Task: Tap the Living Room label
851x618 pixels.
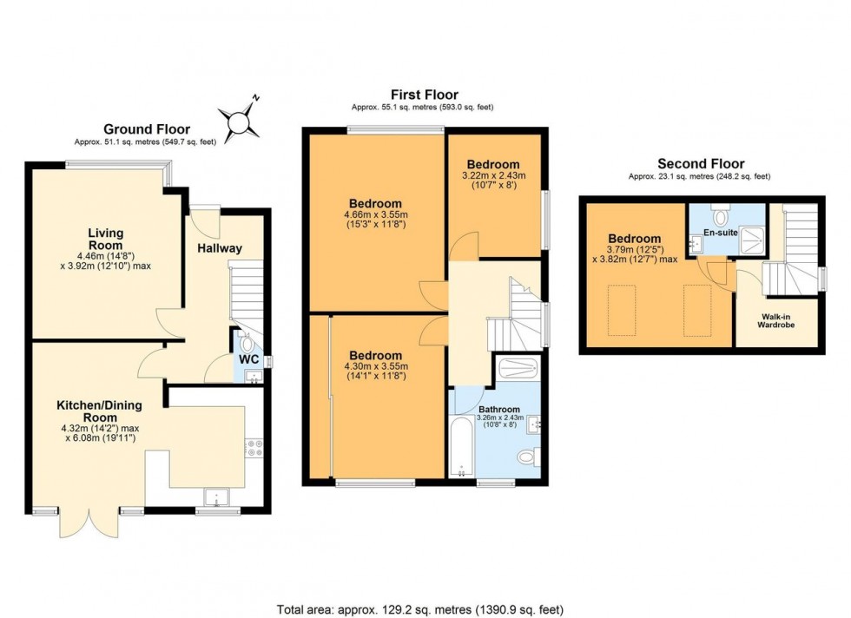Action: point(105,239)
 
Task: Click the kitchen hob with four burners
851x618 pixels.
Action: point(256,447)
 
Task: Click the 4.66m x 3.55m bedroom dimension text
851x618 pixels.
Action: point(376,220)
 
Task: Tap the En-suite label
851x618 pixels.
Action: point(720,233)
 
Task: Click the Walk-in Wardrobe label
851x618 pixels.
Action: point(776,320)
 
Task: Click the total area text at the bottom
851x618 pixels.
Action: point(425,609)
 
